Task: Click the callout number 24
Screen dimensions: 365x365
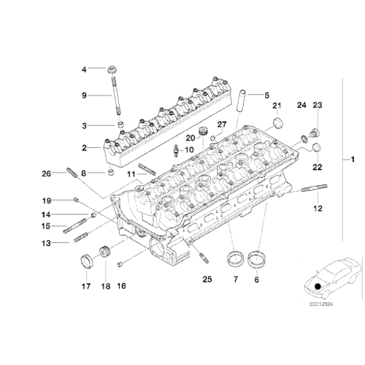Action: point(301,104)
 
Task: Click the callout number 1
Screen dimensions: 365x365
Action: point(353,161)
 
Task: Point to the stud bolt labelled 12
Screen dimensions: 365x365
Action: point(313,188)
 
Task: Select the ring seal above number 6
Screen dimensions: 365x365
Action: point(257,257)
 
